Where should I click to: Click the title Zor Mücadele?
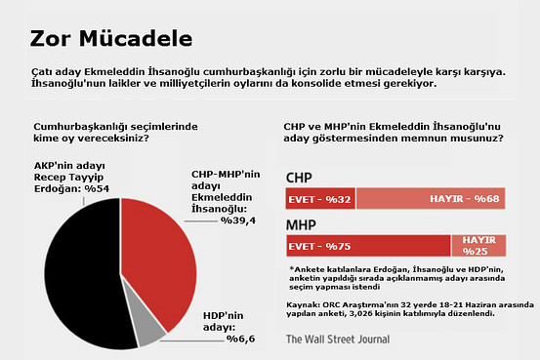[x=110, y=38]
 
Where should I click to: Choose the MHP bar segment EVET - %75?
[x=367, y=246]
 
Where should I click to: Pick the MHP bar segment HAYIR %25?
[x=478, y=246]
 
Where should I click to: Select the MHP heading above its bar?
[x=303, y=225]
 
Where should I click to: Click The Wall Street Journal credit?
[x=337, y=340]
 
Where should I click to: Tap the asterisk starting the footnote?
[x=291, y=268]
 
